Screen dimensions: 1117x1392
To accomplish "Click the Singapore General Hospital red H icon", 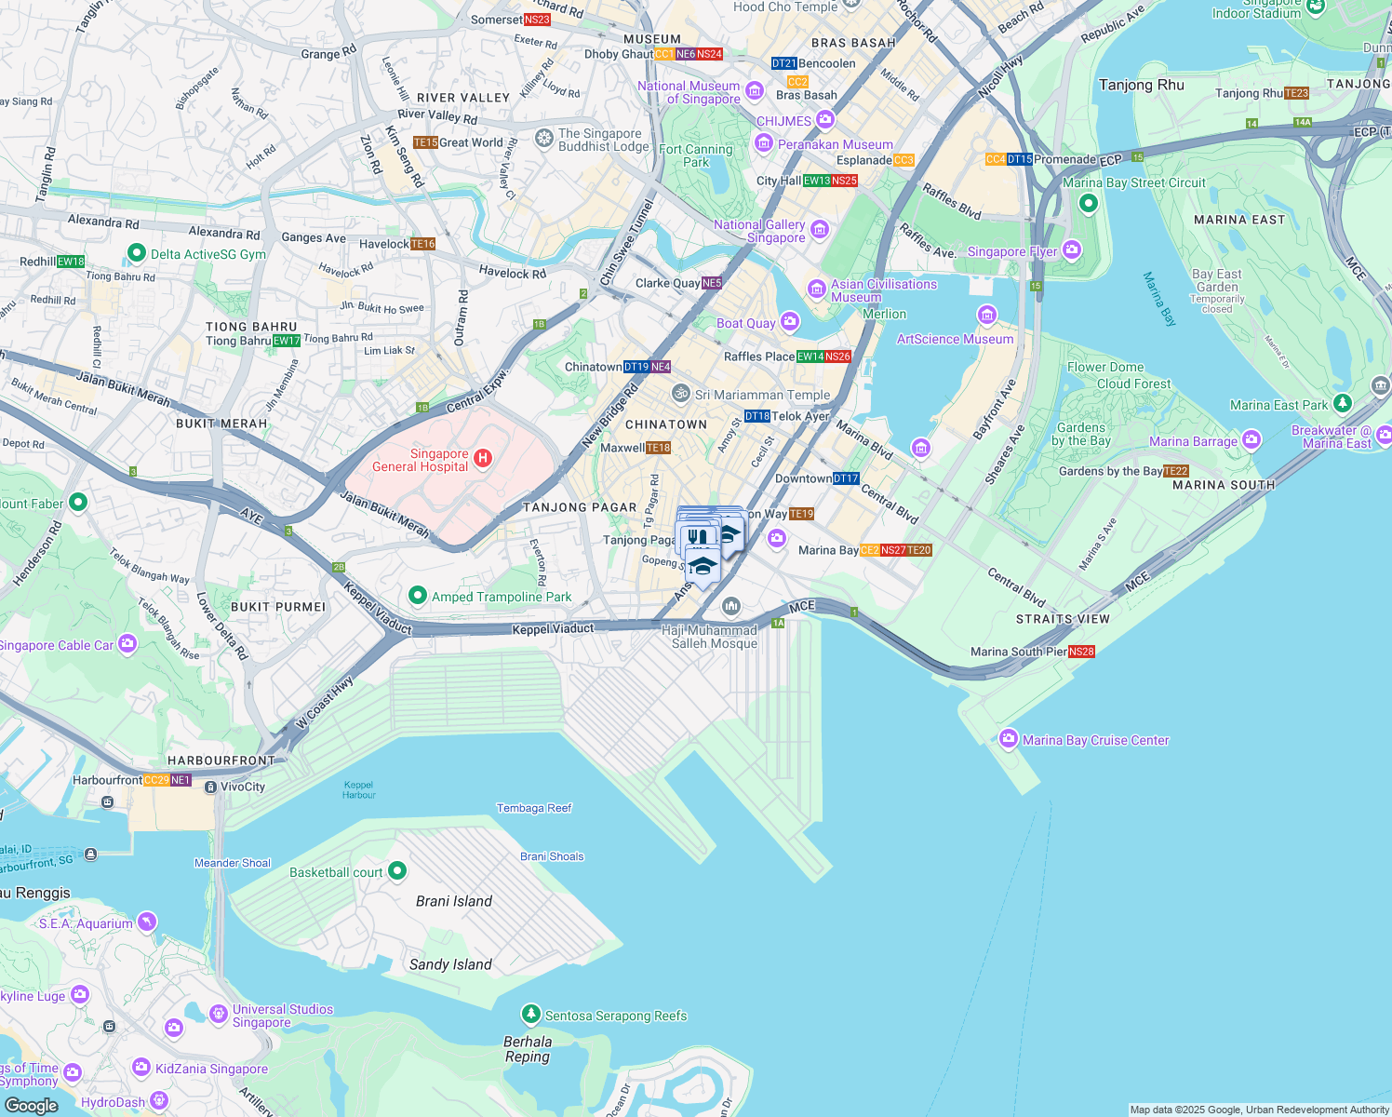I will click(x=482, y=457).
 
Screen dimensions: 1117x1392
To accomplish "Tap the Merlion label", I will click(x=884, y=314).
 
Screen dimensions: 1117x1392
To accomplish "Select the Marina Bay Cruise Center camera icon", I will click(x=1008, y=739).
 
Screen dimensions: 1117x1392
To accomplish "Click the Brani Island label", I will click(x=454, y=901).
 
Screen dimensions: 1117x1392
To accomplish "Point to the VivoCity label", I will click(x=243, y=787).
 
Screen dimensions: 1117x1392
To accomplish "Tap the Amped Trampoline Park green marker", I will click(x=418, y=596).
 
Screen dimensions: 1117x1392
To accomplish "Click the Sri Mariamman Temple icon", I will click(x=681, y=394).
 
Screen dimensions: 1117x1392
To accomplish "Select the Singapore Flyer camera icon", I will click(x=1072, y=249).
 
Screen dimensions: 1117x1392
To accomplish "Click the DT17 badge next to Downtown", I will click(x=846, y=478).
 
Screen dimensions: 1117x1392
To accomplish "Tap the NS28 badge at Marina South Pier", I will click(x=1081, y=652).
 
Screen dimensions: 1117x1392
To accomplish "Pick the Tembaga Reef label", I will click(x=534, y=808).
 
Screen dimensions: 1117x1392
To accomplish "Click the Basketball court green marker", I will click(x=397, y=871).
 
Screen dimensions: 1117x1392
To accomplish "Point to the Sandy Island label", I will click(x=450, y=964).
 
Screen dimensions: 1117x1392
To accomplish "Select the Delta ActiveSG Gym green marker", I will click(x=137, y=252).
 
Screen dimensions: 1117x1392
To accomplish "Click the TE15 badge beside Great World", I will click(x=425, y=142).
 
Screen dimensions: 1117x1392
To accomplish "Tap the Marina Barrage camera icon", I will click(x=1251, y=438).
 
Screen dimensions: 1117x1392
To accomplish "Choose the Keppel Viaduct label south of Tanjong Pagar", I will click(x=553, y=629).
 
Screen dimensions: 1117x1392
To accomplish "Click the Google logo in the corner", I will click(x=31, y=1106).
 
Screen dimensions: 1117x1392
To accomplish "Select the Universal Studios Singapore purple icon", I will click(x=218, y=1014).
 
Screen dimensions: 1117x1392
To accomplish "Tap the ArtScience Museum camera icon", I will click(x=987, y=315).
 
